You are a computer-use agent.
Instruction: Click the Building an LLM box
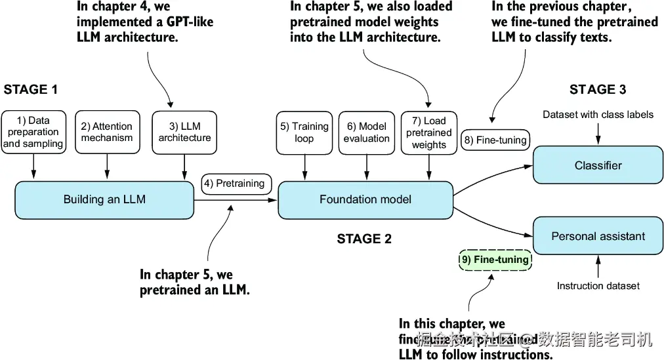coord(104,199)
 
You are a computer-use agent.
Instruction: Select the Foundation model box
coord(365,199)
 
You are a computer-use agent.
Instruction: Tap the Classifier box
coord(598,166)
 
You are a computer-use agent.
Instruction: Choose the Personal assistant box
coord(598,236)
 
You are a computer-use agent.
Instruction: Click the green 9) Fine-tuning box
coord(495,260)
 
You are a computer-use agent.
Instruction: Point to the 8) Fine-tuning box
coord(495,140)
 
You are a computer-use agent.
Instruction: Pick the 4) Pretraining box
coord(236,183)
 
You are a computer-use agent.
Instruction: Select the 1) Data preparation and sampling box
coord(33,132)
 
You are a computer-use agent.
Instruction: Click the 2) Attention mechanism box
coord(107,132)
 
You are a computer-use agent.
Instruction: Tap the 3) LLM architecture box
coord(184,132)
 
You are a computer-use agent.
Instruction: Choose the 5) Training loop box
coord(304,132)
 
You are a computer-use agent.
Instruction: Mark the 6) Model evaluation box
coord(366,132)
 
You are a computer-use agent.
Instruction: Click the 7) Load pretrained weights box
coord(429,132)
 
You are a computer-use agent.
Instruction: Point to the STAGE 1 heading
coord(31,90)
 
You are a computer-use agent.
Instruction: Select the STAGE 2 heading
coord(364,239)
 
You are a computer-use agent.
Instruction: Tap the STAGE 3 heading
coord(597,90)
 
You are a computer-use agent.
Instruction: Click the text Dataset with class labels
coord(598,115)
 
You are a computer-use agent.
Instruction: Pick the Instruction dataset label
coord(598,286)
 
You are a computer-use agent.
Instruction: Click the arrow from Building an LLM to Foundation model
coord(236,200)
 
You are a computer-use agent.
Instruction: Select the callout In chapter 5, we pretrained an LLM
coord(194,282)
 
